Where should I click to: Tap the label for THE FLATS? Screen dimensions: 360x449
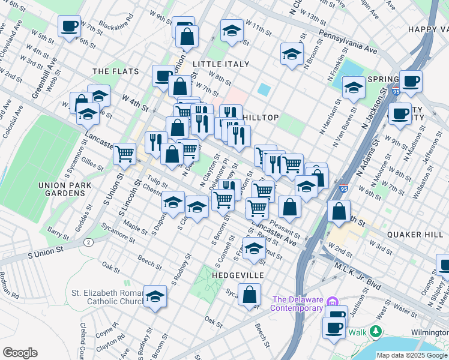[x=115, y=71]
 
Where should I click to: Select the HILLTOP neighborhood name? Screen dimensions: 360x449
[x=261, y=118]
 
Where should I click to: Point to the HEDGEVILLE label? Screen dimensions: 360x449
[x=238, y=275]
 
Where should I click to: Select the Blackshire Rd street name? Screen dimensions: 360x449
[x=119, y=25]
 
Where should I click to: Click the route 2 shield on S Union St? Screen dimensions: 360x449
[x=89, y=242]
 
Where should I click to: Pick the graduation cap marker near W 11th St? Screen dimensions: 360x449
[x=232, y=30]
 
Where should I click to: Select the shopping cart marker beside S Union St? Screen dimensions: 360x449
[x=124, y=154]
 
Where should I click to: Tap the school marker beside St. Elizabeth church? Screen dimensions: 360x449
[x=155, y=296]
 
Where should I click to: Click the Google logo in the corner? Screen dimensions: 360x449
[x=20, y=352]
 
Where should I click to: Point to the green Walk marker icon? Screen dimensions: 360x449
[x=376, y=331]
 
